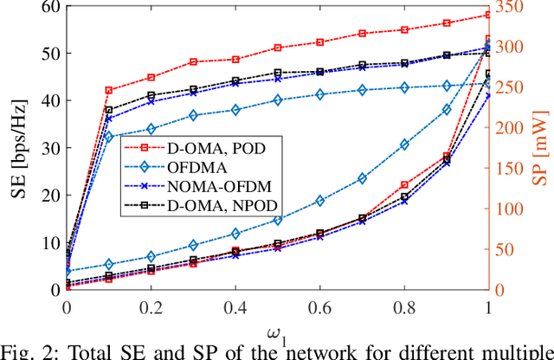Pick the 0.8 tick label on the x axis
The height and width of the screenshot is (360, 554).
click(404, 308)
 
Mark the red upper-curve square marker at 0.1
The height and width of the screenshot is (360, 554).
click(109, 90)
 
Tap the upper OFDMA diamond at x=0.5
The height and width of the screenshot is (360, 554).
click(277, 100)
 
